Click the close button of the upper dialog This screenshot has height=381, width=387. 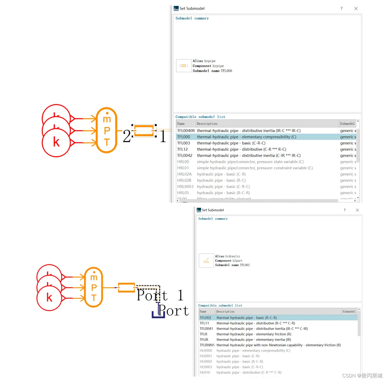point(356,9)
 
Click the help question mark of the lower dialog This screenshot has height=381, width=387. point(344,210)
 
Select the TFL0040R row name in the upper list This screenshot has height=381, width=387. point(186,131)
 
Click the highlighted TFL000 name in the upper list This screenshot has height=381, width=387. point(184,137)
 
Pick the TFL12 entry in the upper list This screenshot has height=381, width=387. point(182,149)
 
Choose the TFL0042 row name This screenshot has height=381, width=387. point(185,155)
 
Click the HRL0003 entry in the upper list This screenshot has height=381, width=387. point(185,187)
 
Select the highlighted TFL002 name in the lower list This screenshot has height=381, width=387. point(205,318)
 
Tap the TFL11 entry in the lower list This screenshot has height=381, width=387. point(204,323)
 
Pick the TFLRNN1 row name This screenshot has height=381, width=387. point(207,345)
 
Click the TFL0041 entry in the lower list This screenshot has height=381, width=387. point(206,329)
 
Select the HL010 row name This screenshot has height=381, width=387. point(205,372)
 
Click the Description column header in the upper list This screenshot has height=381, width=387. point(207,124)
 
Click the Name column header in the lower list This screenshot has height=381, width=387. point(203,312)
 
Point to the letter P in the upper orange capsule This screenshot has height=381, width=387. point(107,130)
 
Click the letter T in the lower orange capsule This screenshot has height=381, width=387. point(94,298)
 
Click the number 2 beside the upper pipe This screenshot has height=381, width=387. point(127,136)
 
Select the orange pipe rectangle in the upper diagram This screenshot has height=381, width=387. point(144,131)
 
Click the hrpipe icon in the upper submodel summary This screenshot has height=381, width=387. point(184,66)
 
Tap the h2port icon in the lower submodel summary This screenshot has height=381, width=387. point(206,260)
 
